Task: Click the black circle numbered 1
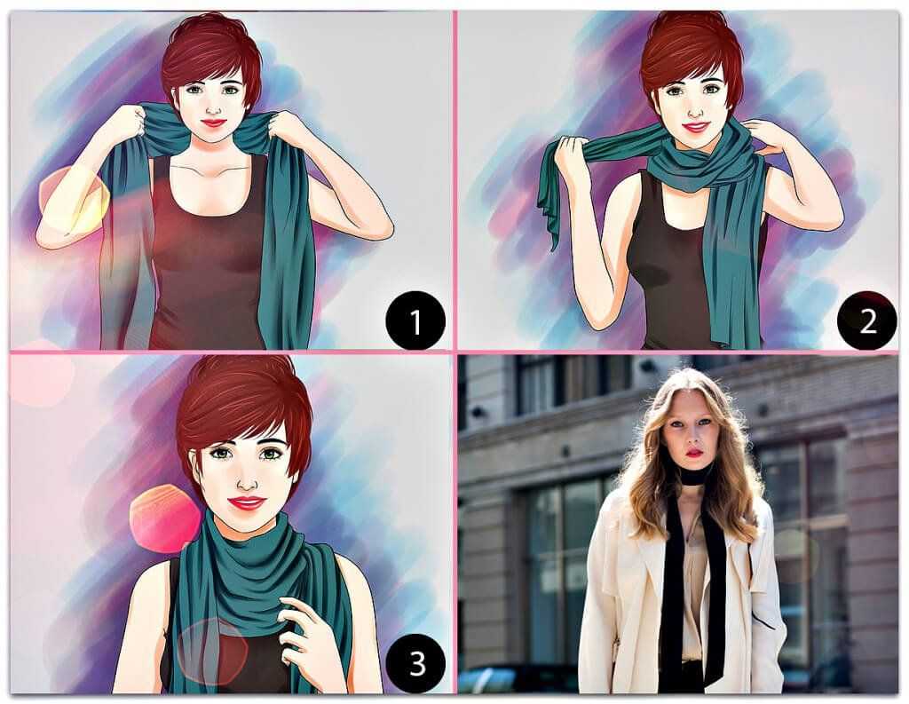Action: (415, 320)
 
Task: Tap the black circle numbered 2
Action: (867, 320)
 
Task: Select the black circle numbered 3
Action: (415, 663)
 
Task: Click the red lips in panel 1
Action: (214, 123)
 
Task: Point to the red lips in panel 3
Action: (248, 502)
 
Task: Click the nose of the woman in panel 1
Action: (214, 107)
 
